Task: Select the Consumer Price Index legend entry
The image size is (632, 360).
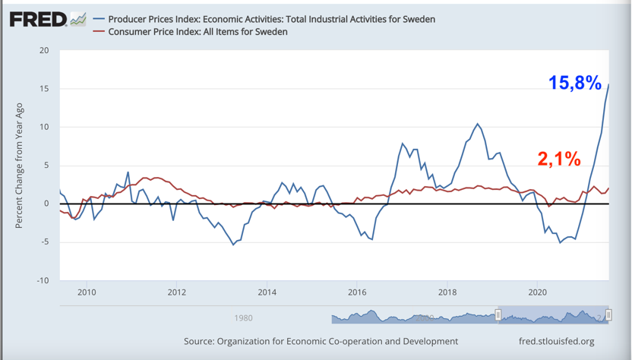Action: point(197,32)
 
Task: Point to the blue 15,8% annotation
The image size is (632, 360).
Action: point(575,84)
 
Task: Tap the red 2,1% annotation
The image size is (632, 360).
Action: point(559,159)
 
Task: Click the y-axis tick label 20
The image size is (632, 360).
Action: point(44,51)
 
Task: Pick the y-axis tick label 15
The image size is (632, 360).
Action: point(44,89)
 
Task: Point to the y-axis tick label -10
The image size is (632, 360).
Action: point(43,280)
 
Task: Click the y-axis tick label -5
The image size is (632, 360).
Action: point(44,242)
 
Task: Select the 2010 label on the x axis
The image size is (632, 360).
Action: point(87,292)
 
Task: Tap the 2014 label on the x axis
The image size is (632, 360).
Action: point(267,292)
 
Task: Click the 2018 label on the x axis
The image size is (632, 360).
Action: point(447,292)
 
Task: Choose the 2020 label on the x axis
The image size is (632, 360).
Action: point(537,292)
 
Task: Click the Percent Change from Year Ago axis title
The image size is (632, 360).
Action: point(20,166)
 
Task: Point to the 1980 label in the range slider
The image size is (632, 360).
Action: point(243,317)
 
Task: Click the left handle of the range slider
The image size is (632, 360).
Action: point(498,315)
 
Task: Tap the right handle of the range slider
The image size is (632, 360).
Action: point(608,315)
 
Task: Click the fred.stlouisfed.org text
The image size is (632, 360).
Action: point(555,342)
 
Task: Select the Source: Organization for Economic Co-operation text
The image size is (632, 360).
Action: point(321,342)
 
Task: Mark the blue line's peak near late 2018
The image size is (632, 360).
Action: point(478,124)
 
